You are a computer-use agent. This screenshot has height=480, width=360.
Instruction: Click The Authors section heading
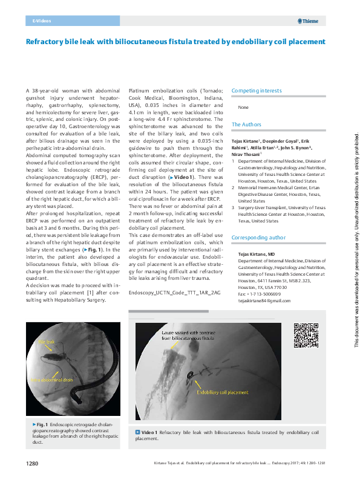tap(246, 125)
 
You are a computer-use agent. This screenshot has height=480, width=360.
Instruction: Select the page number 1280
tap(32, 464)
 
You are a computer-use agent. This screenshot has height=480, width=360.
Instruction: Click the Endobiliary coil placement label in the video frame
tap(223, 392)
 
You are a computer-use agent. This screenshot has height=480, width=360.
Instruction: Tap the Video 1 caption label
tap(148, 433)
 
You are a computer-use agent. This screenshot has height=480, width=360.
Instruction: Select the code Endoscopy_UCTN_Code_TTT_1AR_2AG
tap(171, 292)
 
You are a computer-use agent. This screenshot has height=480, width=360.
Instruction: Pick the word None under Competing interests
tap(243, 107)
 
